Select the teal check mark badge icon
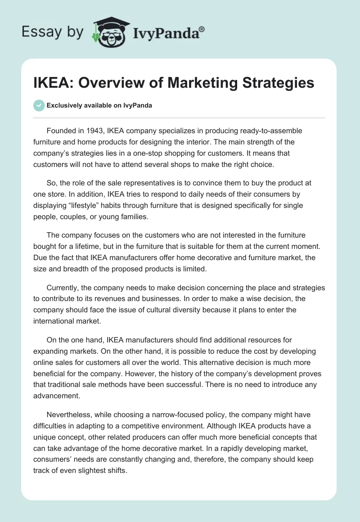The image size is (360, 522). coord(39,105)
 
